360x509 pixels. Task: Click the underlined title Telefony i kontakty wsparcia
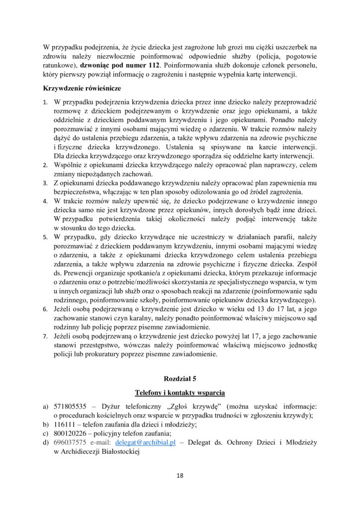tap(180, 393)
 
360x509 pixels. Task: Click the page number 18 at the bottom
tap(180, 476)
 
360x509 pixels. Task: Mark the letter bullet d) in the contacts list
tap(45, 442)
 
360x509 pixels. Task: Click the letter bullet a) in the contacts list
tap(45, 407)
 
